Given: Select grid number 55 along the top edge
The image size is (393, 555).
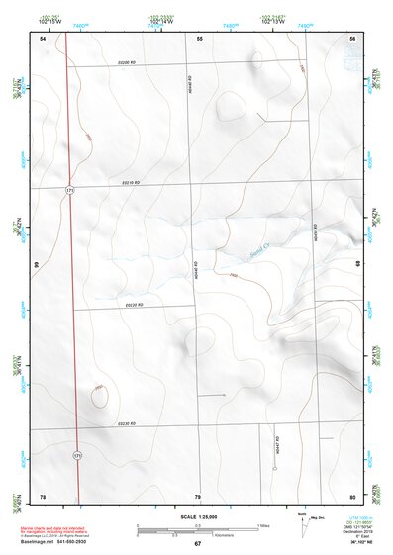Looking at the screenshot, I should pos(199,38).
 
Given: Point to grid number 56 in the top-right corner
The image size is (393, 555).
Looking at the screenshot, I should pos(352,38).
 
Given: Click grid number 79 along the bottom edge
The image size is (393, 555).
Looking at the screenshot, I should pos(198,495).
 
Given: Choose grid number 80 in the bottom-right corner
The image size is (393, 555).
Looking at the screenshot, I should pos(352,495).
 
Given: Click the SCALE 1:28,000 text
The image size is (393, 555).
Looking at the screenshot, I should pos(196,517).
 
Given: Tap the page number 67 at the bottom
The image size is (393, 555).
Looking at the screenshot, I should pos(197,544).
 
